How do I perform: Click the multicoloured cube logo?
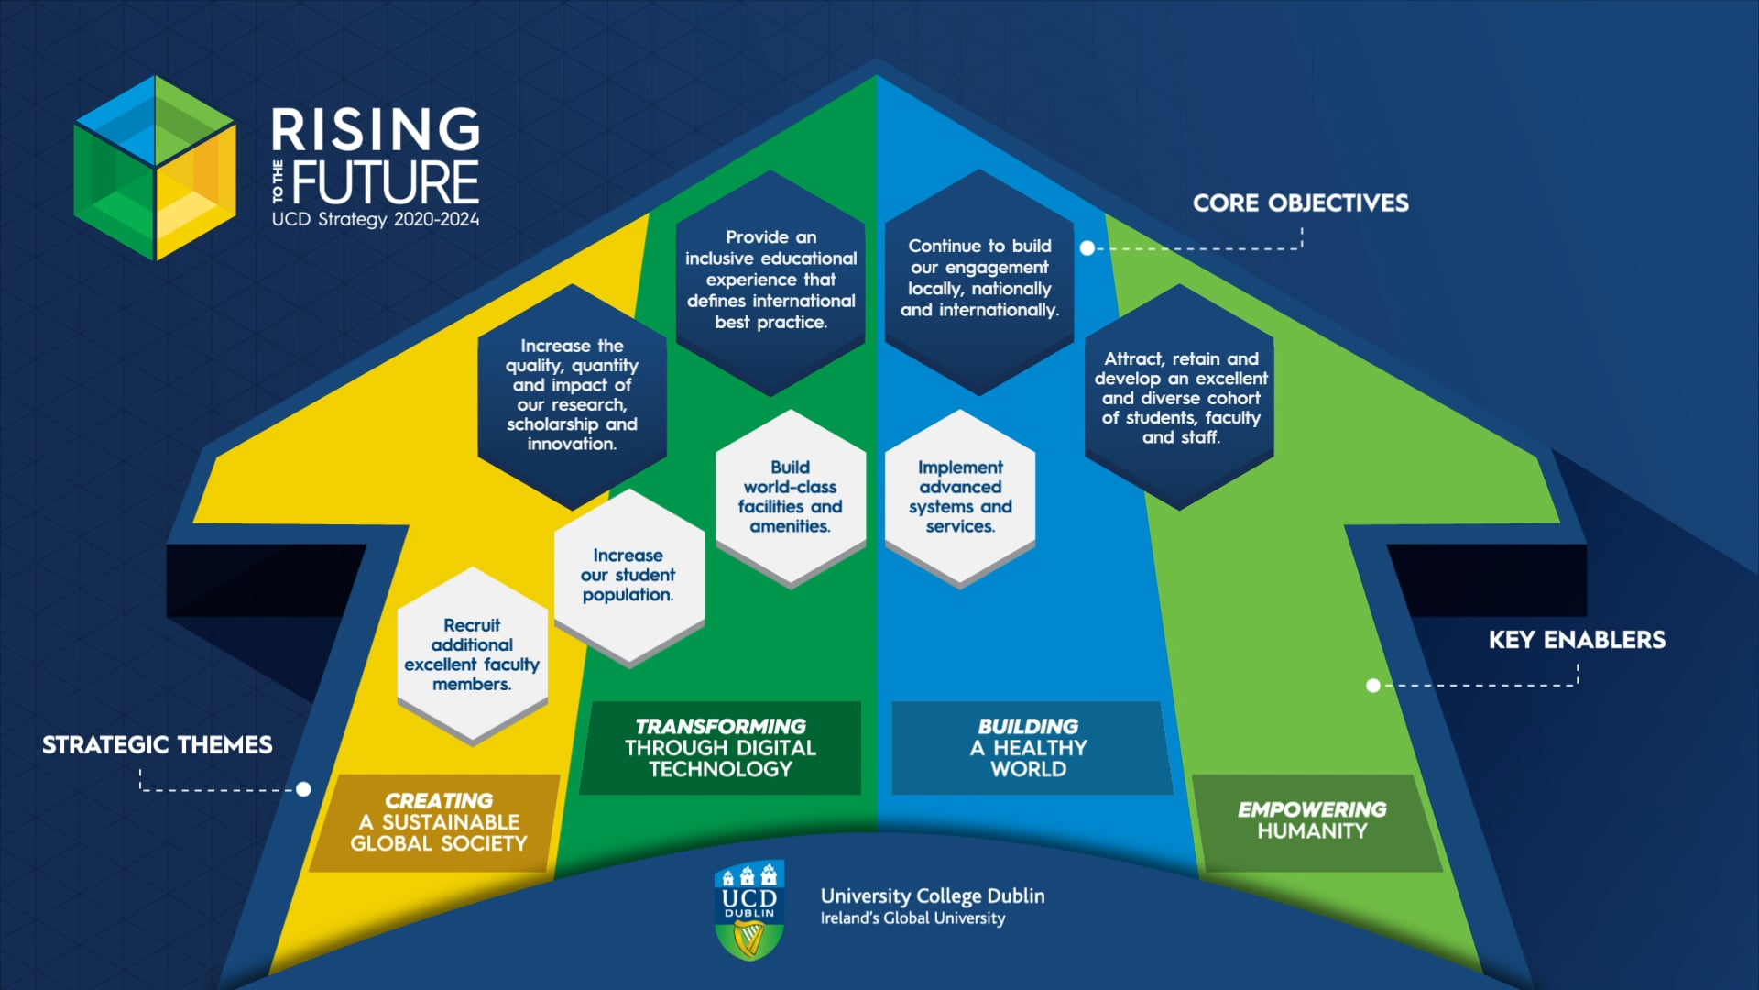(155, 168)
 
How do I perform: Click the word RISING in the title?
(376, 129)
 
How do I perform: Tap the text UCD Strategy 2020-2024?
(375, 220)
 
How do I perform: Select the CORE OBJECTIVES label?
(1300, 203)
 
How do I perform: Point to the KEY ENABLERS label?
(1576, 640)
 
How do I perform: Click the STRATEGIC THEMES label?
(157, 744)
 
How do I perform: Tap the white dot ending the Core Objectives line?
(1087, 248)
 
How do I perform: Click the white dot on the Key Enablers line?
(1372, 686)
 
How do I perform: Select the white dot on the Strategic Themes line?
(303, 789)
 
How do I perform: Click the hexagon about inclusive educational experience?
(770, 280)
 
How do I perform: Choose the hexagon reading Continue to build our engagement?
(979, 279)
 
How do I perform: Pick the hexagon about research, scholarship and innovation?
(572, 395)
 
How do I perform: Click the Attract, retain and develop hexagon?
(1180, 398)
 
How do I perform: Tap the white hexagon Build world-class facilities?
(790, 497)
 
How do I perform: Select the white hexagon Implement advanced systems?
(959, 497)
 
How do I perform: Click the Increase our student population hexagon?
(628, 576)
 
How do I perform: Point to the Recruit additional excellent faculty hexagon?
(472, 654)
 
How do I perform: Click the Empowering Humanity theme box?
(1311, 821)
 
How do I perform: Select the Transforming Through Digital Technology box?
(720, 748)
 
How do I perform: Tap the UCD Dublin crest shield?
(749, 909)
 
